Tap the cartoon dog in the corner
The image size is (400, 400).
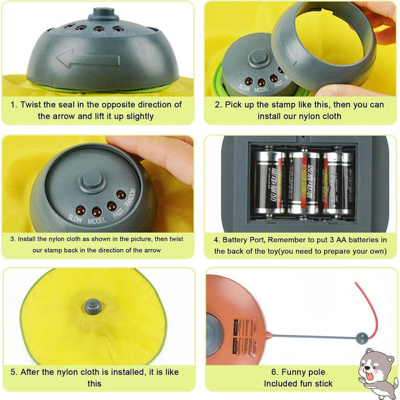pos(378,371)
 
